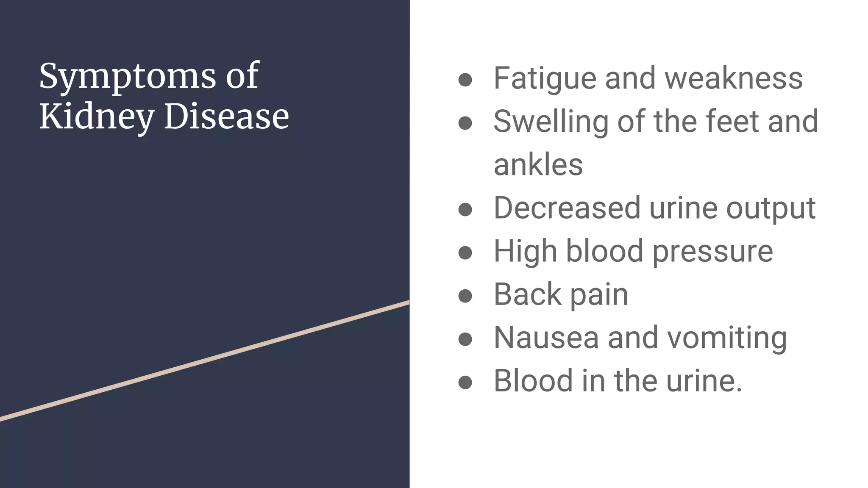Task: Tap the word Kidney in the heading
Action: coord(96,116)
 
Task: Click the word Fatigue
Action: coord(545,79)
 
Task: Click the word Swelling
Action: coord(551,122)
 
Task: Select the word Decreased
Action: coord(567,208)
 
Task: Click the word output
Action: coord(771,209)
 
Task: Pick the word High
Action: coord(525,252)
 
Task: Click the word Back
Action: coord(527,294)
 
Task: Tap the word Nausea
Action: coord(546,338)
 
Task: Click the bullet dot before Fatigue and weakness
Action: coord(465,80)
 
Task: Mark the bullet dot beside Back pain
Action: coord(465,296)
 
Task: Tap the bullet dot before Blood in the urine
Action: coord(465,382)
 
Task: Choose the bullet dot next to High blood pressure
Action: coord(465,252)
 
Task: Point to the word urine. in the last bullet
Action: coord(704,381)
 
